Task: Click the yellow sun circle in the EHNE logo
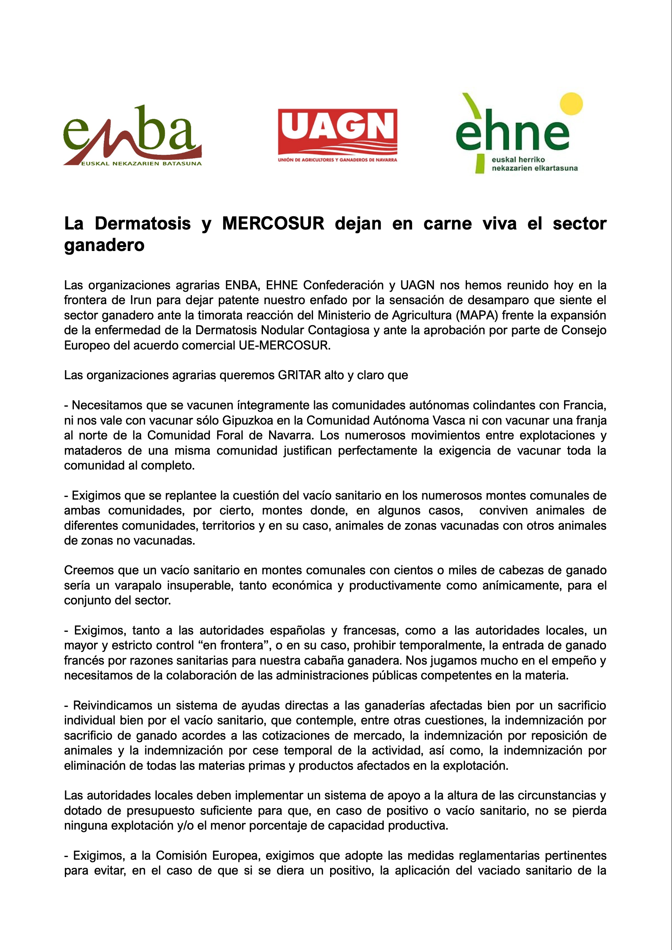coord(571,104)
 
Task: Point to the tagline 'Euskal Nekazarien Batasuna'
coord(141,163)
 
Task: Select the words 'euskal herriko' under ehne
coord(518,160)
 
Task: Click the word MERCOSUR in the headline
coord(273,224)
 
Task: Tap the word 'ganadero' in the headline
coord(104,245)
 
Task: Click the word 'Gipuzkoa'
coord(248,421)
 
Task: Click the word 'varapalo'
coord(138,585)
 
